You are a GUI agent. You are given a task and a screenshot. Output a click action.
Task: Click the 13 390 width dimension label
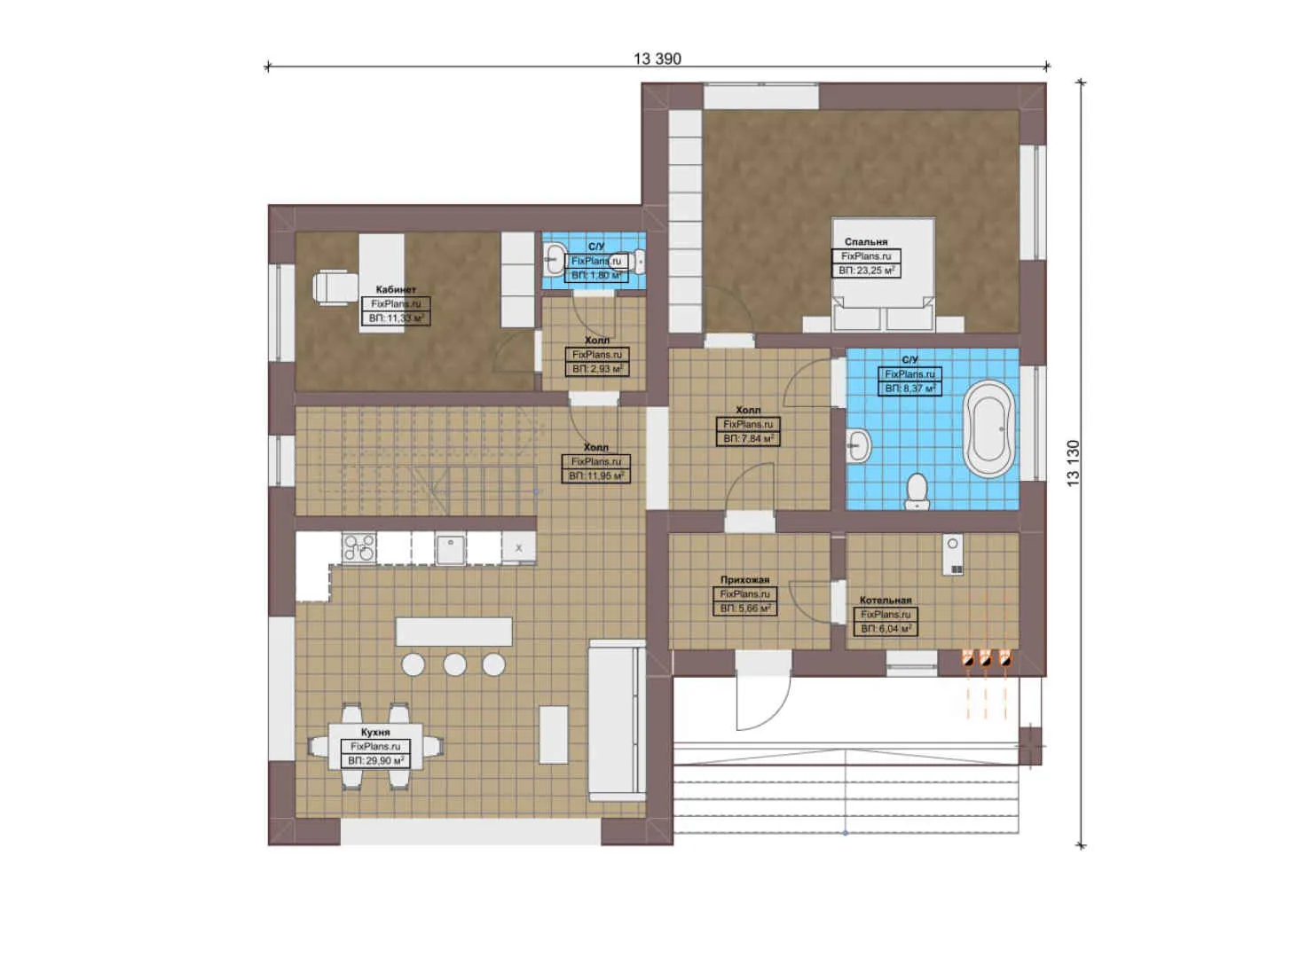pyautogui.click(x=657, y=59)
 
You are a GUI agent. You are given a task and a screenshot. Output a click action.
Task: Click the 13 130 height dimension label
pyautogui.click(x=1074, y=463)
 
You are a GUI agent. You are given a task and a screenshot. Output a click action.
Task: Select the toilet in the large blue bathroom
pyautogui.click(x=917, y=491)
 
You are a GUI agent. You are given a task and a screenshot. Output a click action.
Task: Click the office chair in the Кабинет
pyautogui.click(x=332, y=287)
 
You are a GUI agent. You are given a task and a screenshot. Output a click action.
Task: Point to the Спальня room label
pyautogui.click(x=866, y=241)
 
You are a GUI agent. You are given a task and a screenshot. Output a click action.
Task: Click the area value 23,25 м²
pyautogui.click(x=866, y=271)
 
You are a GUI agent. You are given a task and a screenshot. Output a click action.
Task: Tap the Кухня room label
pyautogui.click(x=375, y=733)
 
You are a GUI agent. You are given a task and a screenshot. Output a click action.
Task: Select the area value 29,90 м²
pyautogui.click(x=376, y=761)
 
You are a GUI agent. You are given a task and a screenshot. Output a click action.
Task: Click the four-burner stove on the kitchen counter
pyautogui.click(x=358, y=547)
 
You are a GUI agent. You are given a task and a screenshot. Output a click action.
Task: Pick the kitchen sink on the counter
pyautogui.click(x=451, y=547)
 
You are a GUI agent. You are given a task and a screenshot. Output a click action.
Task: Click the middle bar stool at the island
pyautogui.click(x=455, y=664)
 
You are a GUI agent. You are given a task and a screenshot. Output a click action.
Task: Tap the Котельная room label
pyautogui.click(x=886, y=601)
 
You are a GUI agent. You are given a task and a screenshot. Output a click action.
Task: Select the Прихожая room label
pyautogui.click(x=744, y=580)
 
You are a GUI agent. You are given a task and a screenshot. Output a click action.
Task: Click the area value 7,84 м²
pyautogui.click(x=748, y=439)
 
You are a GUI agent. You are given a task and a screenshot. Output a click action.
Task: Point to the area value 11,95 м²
pyautogui.click(x=596, y=476)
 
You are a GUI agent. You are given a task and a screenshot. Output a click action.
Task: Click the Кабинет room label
pyautogui.click(x=396, y=290)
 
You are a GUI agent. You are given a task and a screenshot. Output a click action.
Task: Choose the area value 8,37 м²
pyautogui.click(x=909, y=389)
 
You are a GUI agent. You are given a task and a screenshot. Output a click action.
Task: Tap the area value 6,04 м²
pyautogui.click(x=886, y=629)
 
